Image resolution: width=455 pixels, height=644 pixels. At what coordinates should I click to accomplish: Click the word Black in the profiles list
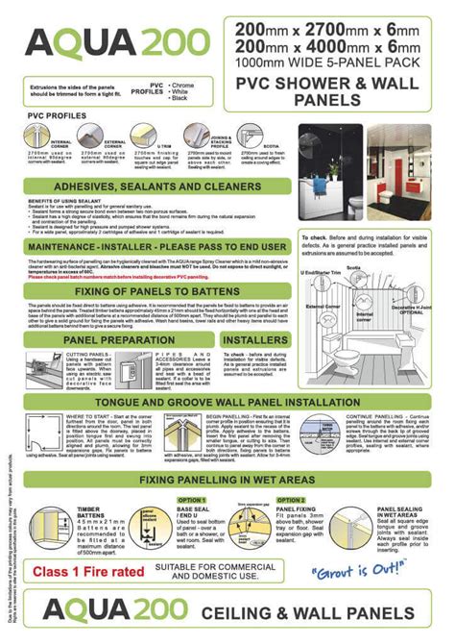point(181,99)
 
